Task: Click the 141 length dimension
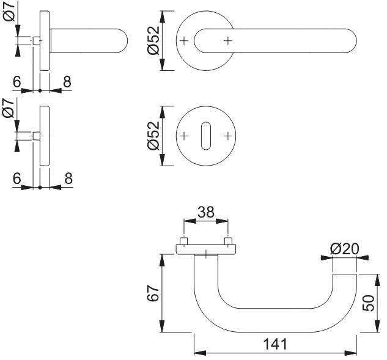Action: [x=275, y=344]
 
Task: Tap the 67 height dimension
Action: [x=153, y=293]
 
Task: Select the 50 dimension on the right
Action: [x=368, y=303]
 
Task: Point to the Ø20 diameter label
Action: [x=345, y=249]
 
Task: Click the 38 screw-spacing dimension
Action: [x=206, y=212]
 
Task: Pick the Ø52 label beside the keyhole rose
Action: [x=153, y=136]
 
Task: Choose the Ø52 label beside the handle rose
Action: [x=153, y=40]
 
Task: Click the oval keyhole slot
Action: [x=206, y=136]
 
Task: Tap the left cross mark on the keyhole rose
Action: [x=184, y=136]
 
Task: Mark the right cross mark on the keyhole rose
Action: [x=228, y=136]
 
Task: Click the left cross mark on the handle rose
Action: [x=184, y=41]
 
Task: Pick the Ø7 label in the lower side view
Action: [x=9, y=108]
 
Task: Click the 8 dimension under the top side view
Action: [x=67, y=82]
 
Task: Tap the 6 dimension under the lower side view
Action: [x=17, y=178]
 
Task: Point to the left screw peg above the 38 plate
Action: [x=184, y=241]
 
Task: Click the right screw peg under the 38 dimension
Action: [x=228, y=241]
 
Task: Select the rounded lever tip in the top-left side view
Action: [x=123, y=41]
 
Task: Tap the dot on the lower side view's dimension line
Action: [x=40, y=188]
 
